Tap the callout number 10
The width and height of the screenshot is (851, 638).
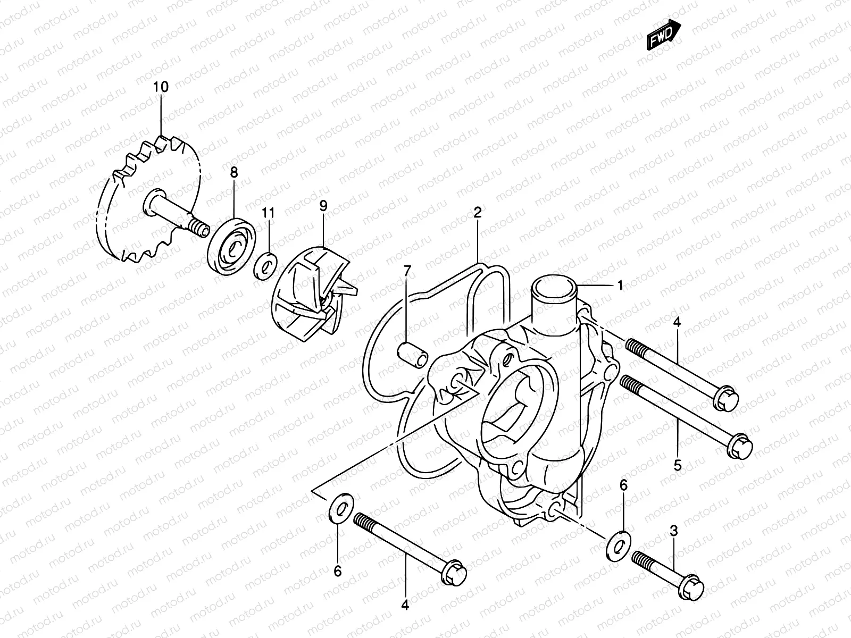(161, 87)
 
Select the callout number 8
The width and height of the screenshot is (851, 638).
(234, 173)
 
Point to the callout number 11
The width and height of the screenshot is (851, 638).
(269, 213)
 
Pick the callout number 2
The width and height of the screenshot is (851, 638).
(477, 213)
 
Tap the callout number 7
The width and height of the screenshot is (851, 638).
(407, 272)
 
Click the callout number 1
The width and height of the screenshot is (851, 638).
(620, 286)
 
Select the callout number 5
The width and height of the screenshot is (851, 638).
(678, 466)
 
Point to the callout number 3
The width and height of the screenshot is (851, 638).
(674, 530)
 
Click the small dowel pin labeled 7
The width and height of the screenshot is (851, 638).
(412, 354)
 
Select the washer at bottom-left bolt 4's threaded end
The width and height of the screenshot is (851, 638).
(339, 508)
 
